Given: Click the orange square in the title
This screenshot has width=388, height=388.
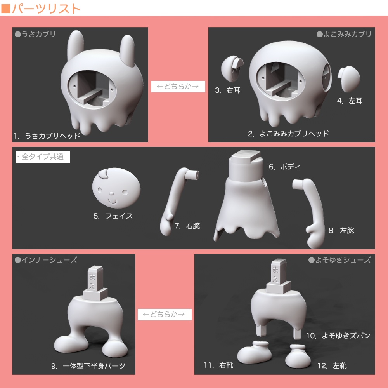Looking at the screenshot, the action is coord(5,9).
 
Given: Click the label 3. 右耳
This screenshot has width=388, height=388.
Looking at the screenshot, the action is coord(228,90).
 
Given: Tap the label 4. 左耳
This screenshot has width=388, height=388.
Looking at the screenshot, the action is coord(350,101).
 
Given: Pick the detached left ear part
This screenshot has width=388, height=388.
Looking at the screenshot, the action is coord(349,78).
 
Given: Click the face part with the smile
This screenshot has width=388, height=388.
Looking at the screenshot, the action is coord(116,188).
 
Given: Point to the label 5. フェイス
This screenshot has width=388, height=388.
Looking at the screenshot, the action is coord(113,216).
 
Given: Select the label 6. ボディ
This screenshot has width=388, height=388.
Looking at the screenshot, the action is coord(284,167).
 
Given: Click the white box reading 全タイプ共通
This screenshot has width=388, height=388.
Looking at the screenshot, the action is coord(43,157).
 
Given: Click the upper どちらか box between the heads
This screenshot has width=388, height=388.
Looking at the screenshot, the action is coord(178,87).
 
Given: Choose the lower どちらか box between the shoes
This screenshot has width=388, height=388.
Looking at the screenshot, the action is coord(165,315).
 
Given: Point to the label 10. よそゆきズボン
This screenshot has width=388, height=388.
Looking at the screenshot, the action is coord(338,336).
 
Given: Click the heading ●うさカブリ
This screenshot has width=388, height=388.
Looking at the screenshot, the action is coord(35,34).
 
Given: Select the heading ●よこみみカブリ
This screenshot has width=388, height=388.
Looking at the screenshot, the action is coord(344,34).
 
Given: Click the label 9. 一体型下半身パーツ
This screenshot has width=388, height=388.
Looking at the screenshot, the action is coord(88,366).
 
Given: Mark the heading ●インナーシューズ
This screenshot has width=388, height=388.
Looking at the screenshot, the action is coord(46,260).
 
